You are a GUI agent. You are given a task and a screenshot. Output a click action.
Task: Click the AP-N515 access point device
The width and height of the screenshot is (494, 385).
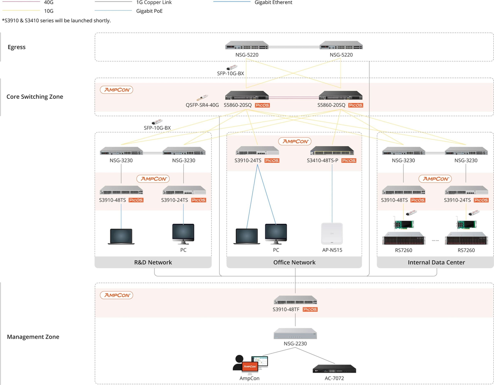[x=332, y=233]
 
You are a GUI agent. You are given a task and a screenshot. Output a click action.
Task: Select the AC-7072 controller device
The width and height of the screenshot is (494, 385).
[x=334, y=369]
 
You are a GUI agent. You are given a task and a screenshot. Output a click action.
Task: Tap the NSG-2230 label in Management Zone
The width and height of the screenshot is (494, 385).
[x=295, y=343]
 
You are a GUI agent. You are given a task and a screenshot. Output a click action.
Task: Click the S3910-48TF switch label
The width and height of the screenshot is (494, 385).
[x=286, y=309]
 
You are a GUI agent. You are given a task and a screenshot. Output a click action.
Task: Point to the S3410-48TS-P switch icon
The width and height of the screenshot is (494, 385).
[x=332, y=151]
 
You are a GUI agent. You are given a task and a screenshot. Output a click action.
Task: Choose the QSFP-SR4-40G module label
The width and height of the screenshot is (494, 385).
[x=202, y=105]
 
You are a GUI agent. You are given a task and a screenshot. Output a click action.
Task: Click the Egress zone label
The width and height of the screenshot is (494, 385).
[x=17, y=47]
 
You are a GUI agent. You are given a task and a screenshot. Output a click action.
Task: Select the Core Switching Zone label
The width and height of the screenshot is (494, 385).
[x=35, y=96]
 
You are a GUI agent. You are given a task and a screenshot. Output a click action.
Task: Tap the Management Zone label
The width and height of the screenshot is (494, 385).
[x=33, y=337]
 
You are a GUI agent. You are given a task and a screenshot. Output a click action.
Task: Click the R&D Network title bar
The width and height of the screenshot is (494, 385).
[x=153, y=262]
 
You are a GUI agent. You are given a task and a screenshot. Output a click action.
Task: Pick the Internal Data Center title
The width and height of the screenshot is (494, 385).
[x=436, y=262]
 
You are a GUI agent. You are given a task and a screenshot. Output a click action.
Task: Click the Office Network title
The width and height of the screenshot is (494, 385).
[x=294, y=262]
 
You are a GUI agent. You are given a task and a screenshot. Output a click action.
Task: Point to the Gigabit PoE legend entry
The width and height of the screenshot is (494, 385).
[x=149, y=11]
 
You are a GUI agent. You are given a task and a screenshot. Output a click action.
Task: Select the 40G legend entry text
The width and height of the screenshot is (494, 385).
[x=49, y=2]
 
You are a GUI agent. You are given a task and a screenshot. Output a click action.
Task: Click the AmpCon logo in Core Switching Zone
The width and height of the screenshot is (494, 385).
[x=117, y=90]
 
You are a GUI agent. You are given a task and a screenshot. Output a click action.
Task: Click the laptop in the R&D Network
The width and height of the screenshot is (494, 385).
[x=121, y=236]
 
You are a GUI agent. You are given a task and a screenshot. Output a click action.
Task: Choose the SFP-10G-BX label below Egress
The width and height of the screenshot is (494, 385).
[x=230, y=73]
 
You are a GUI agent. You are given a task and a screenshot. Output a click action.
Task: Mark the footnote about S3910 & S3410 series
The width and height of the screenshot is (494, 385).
[x=56, y=20]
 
